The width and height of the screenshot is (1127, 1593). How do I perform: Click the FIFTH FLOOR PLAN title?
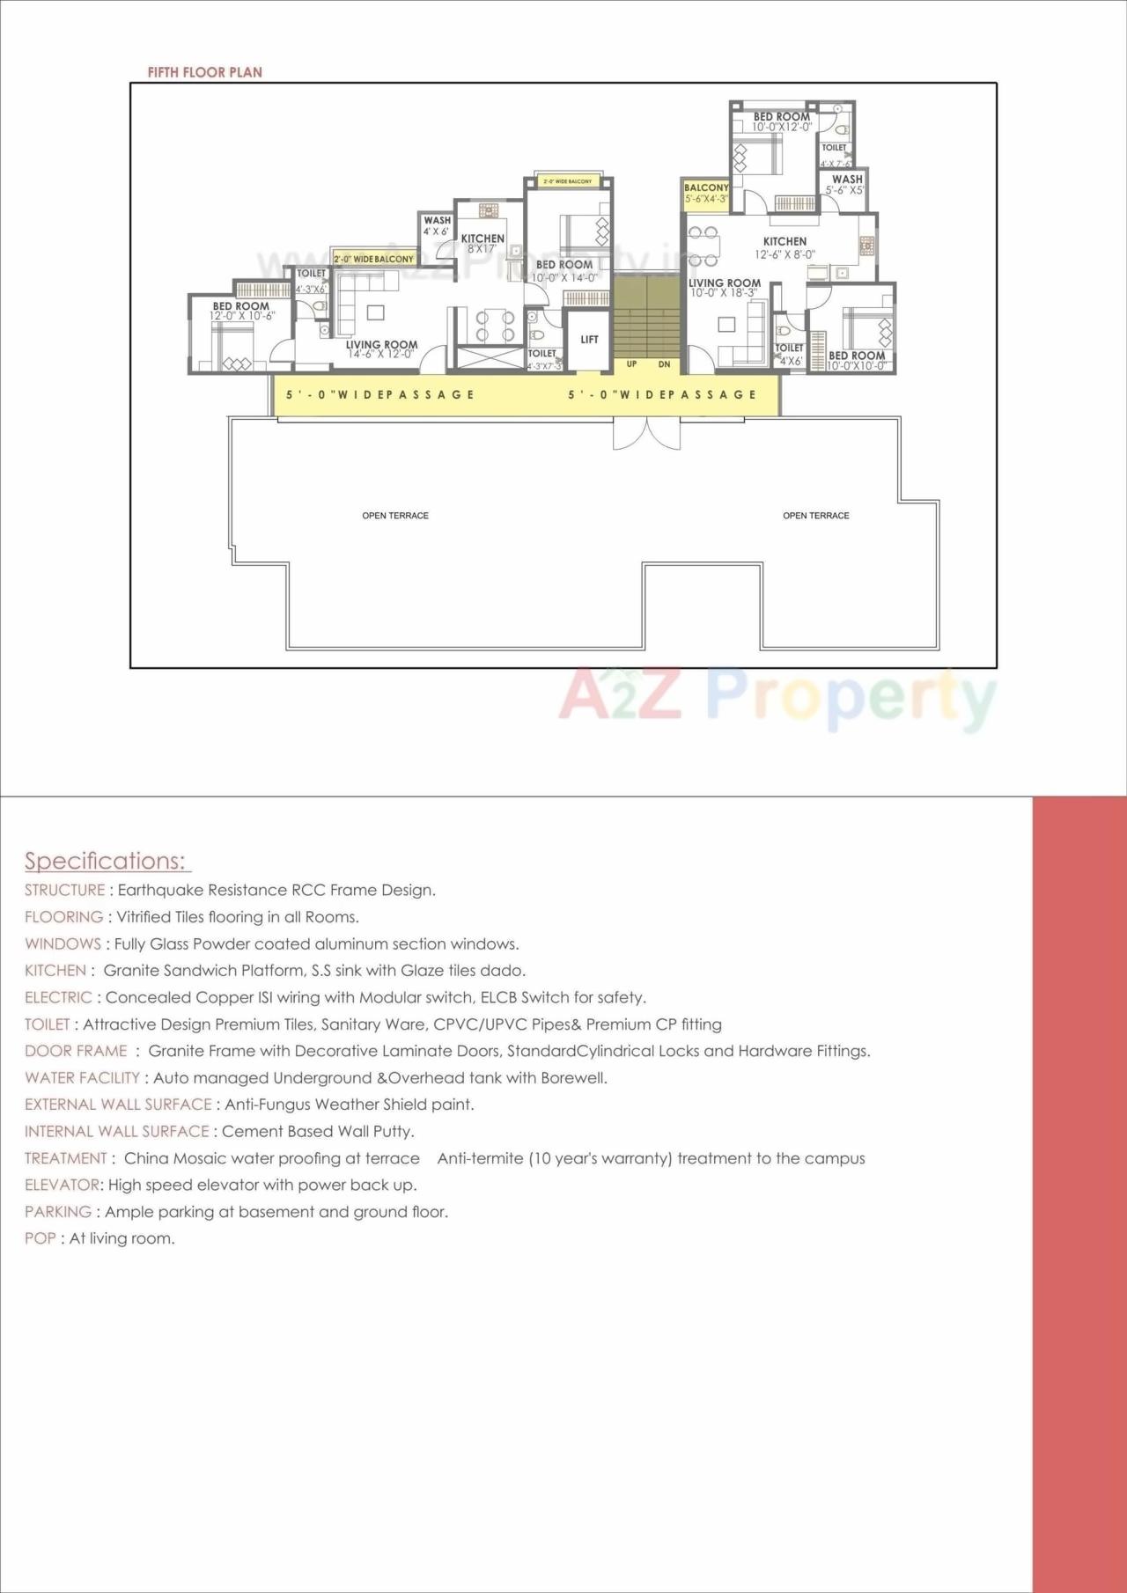(204, 72)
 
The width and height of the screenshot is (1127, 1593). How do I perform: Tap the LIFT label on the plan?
(589, 340)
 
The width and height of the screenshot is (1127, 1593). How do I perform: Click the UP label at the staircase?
(631, 364)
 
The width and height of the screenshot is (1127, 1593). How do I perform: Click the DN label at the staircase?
(664, 364)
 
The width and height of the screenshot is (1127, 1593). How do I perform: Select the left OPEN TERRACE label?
(395, 516)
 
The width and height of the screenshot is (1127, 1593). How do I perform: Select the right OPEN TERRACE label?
(815, 516)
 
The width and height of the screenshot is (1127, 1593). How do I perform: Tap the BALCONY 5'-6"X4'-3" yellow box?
(706, 193)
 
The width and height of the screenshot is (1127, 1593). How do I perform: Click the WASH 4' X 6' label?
(437, 226)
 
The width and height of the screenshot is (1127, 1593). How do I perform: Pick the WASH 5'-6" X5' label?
(846, 184)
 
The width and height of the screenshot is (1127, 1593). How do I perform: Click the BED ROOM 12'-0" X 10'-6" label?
(241, 311)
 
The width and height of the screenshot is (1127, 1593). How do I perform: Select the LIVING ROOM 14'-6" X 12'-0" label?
(381, 349)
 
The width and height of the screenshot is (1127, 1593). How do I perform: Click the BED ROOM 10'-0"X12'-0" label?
(781, 121)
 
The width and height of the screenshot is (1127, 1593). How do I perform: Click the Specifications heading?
(106, 861)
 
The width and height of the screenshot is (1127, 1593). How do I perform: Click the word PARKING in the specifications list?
(58, 1212)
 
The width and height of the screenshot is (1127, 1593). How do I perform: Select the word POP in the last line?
(41, 1238)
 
